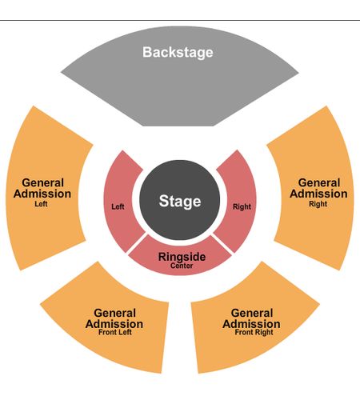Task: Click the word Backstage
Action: [x=178, y=53]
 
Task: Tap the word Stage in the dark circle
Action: [x=180, y=202]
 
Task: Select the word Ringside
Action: [x=182, y=257]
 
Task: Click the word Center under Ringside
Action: [x=182, y=266]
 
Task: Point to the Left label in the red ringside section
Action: [x=118, y=206]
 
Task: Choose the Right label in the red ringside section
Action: [x=242, y=206]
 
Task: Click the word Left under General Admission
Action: [x=41, y=204]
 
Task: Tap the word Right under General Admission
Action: [x=318, y=204]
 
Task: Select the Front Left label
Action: [x=115, y=332]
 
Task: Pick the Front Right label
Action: [x=254, y=332]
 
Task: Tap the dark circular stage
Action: [x=180, y=200]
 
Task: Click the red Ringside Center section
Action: [x=180, y=258]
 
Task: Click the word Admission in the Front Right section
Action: [x=251, y=324]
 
